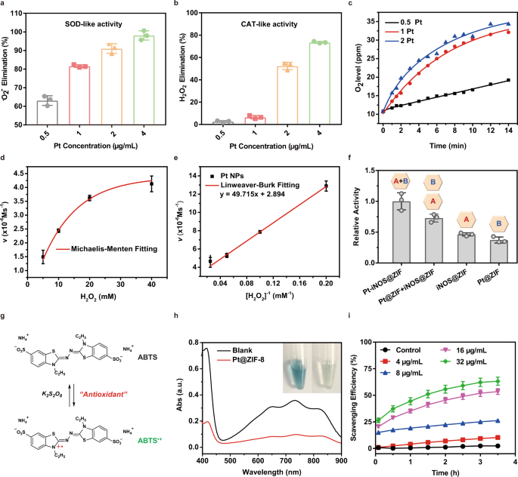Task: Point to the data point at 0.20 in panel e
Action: pos(327,185)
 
